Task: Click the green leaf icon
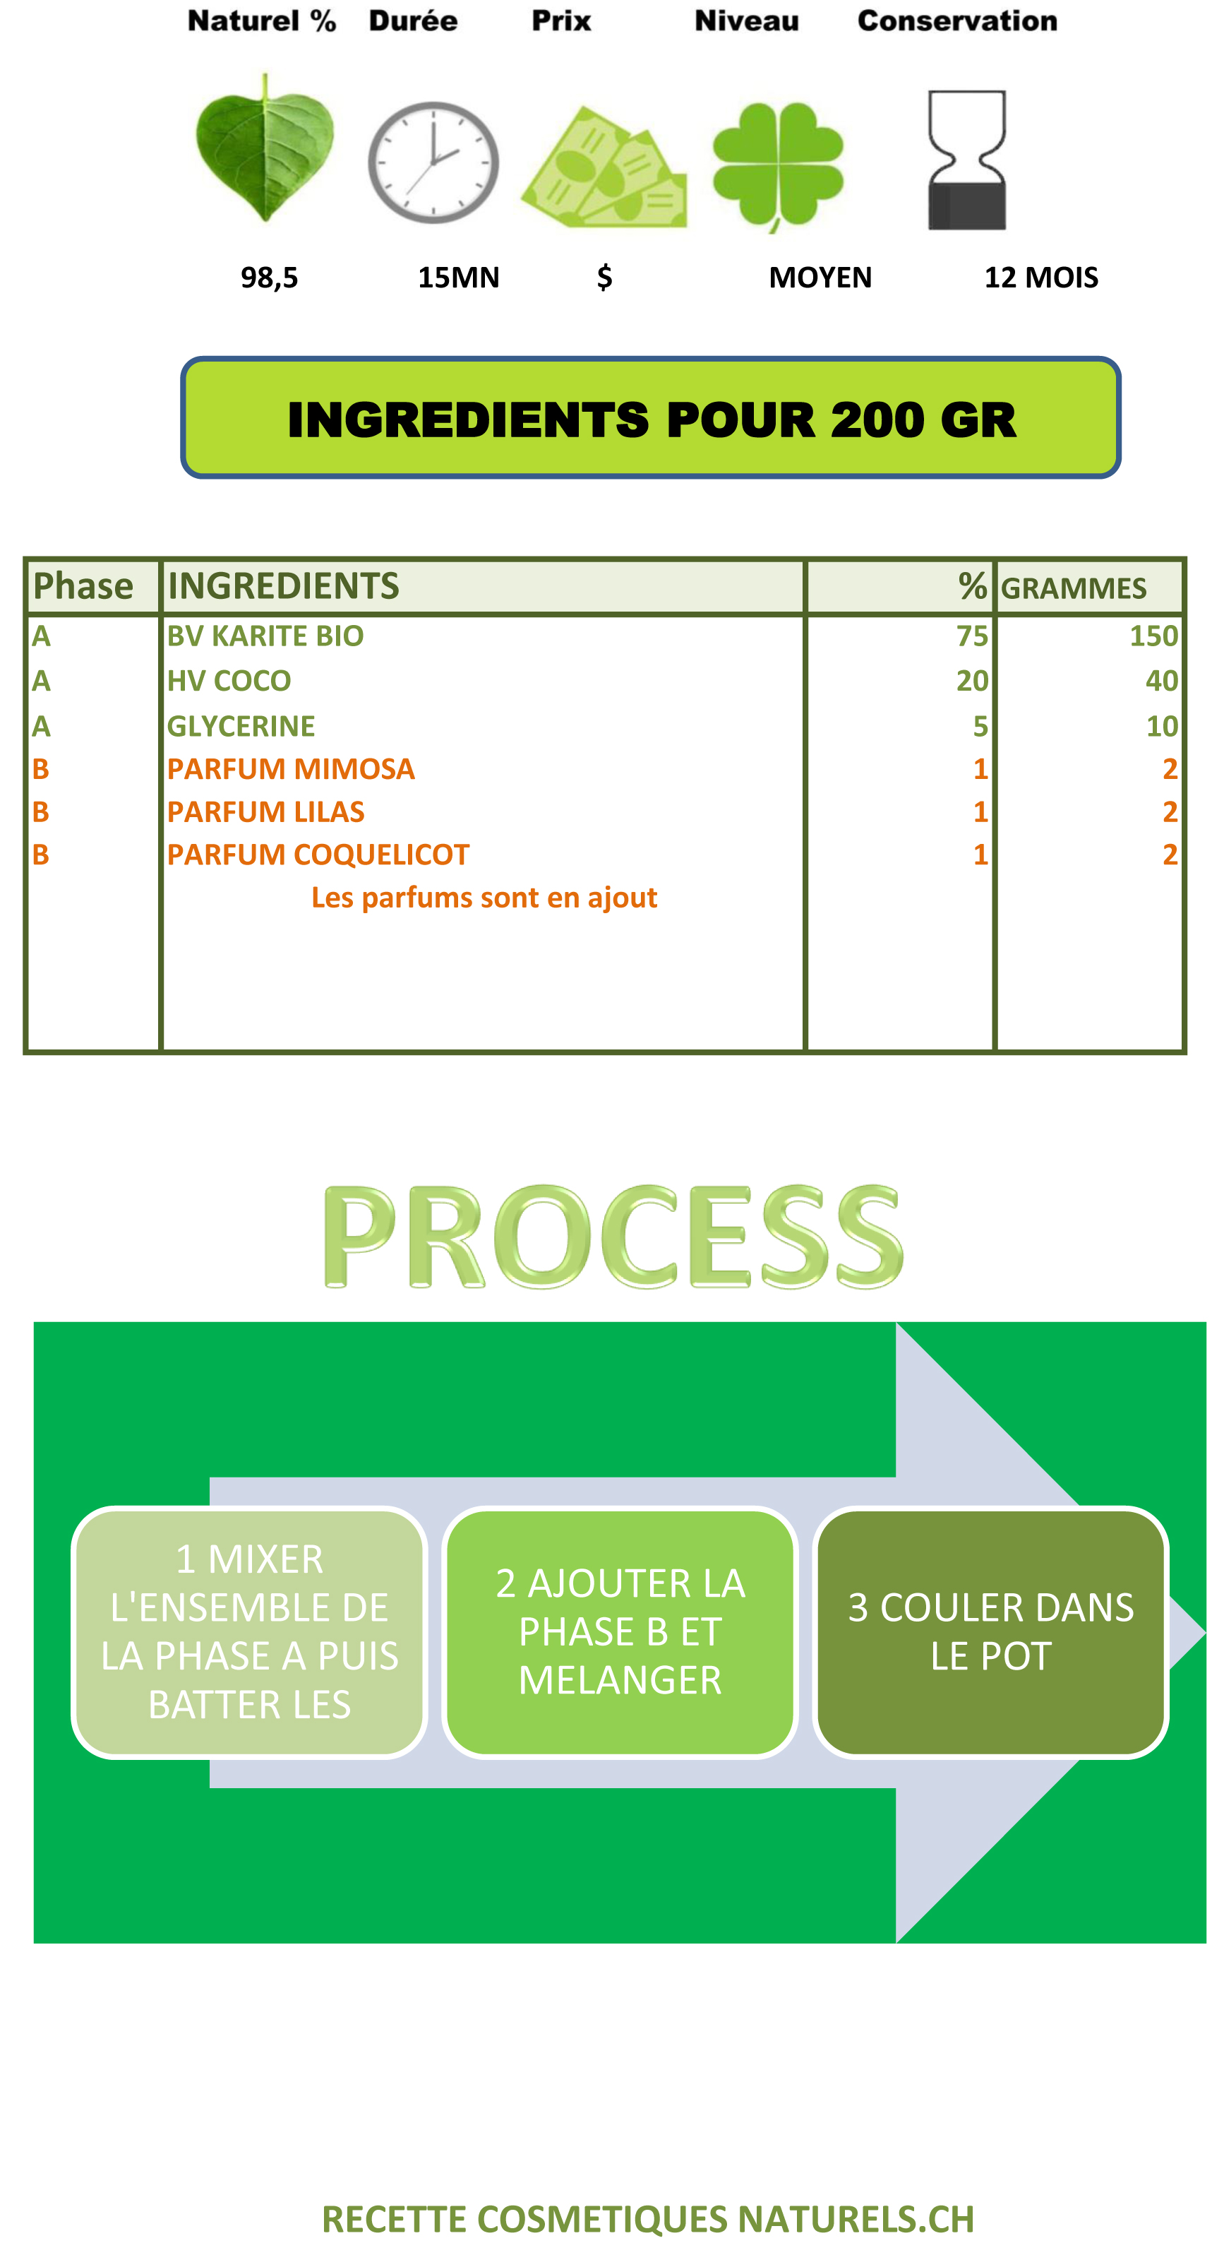(x=264, y=147)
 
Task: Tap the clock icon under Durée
(x=433, y=162)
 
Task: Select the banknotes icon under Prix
(x=604, y=167)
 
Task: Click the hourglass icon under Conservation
(x=967, y=160)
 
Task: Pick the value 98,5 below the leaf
(x=270, y=278)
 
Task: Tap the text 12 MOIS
(x=1041, y=278)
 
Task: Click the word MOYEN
(x=820, y=278)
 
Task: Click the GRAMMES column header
(x=1074, y=588)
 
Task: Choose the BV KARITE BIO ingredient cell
(x=265, y=636)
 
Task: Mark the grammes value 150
(x=1153, y=636)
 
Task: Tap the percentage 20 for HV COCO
(x=972, y=681)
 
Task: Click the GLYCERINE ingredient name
(x=241, y=727)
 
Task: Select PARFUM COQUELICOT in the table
(x=318, y=855)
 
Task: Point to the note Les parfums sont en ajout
(x=484, y=898)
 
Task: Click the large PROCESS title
(x=613, y=1236)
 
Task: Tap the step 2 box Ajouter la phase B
(x=620, y=1633)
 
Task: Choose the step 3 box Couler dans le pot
(x=990, y=1633)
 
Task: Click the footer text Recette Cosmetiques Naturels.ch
(x=647, y=2220)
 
